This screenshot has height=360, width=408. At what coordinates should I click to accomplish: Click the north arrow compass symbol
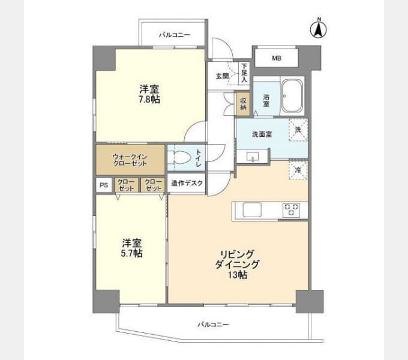(x=319, y=29)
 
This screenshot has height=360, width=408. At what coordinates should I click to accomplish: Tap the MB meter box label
(x=276, y=58)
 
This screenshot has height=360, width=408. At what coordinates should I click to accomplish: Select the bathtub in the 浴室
(x=293, y=95)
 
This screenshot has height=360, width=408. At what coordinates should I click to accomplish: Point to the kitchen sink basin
(x=251, y=209)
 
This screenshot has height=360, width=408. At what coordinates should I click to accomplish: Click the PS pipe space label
(x=103, y=185)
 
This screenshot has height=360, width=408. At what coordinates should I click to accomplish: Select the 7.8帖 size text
(x=150, y=99)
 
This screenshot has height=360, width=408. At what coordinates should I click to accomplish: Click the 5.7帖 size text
(x=133, y=253)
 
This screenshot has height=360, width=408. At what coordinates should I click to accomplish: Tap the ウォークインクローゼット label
(x=130, y=160)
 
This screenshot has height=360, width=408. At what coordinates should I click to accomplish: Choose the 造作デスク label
(x=187, y=184)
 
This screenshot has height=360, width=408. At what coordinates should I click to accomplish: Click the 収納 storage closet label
(x=243, y=103)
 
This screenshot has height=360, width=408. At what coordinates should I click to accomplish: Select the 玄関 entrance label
(x=222, y=76)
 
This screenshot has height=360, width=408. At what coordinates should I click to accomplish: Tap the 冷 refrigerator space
(x=298, y=170)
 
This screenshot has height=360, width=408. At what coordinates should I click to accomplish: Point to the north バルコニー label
(x=174, y=35)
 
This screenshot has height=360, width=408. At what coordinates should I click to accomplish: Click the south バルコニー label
(x=213, y=325)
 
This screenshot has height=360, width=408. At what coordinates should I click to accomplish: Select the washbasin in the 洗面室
(x=253, y=157)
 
